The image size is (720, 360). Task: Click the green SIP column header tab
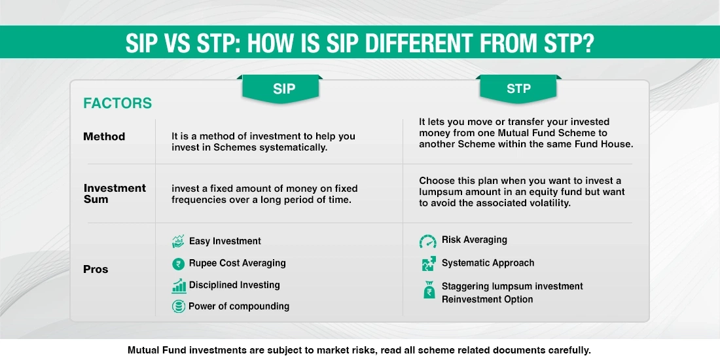[284, 89]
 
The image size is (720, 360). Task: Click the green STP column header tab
[518, 89]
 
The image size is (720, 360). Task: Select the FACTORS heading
[117, 103]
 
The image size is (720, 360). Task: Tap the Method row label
[104, 137]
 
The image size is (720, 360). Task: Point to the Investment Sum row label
[115, 193]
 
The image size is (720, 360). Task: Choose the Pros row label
[96, 269]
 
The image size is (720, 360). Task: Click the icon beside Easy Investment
[178, 242]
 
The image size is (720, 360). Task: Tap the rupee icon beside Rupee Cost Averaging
[178, 263]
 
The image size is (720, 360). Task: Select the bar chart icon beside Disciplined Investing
[178, 285]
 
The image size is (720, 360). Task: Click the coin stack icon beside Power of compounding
[178, 306]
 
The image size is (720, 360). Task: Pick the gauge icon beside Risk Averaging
[427, 241]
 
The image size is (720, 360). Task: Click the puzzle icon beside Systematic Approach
[427, 263]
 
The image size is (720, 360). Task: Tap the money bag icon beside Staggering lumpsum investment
[427, 291]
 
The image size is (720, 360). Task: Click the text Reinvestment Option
[487, 300]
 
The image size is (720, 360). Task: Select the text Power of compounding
[239, 306]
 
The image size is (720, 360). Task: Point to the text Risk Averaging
[474, 240]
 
